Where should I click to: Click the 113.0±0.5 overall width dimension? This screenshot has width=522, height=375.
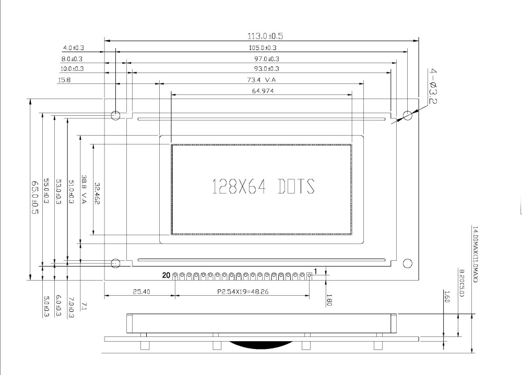pos(265,36)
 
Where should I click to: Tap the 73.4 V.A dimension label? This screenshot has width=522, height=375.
pos(261,80)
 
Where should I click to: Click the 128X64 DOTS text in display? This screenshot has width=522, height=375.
pos(263,186)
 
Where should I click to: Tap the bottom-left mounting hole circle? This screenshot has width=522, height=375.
pos(115,263)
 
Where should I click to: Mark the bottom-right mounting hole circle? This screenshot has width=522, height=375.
pos(408,263)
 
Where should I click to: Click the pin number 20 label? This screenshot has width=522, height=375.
pos(165,275)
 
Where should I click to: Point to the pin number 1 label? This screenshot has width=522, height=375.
pos(315,271)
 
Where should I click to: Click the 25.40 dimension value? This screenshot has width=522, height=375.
pos(139,292)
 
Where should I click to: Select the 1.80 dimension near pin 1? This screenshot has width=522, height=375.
pos(329,300)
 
